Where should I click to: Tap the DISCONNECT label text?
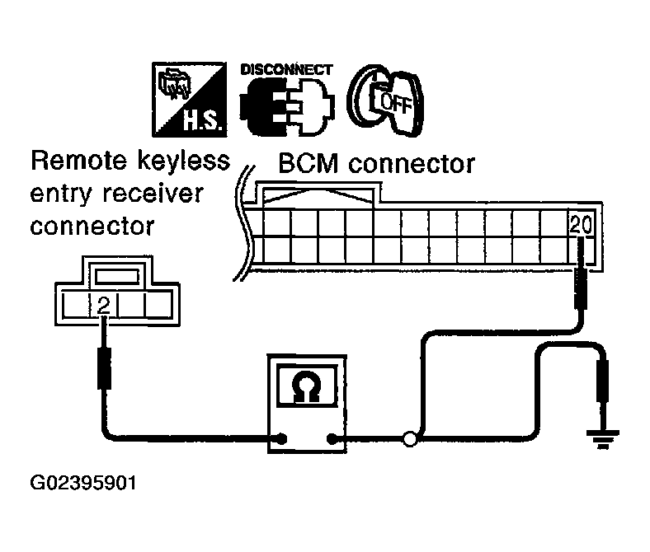tap(286, 69)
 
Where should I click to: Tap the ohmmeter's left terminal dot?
tap(283, 439)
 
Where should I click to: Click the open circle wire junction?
tap(409, 439)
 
